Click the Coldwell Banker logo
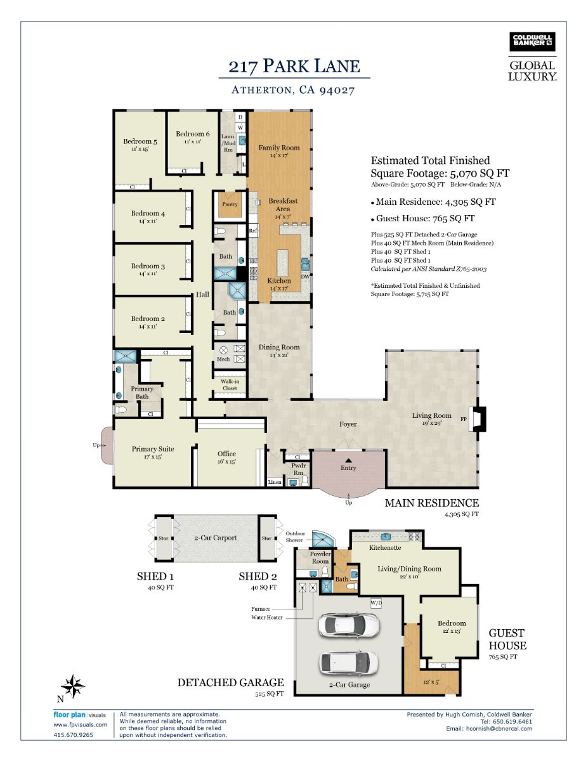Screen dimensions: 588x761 click(532, 42)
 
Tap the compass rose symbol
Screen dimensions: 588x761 click(72, 686)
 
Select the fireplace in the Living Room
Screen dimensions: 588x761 click(478, 419)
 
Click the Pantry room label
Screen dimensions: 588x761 click(230, 204)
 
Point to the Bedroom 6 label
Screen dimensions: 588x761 click(193, 134)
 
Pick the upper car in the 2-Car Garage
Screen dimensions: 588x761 click(348, 625)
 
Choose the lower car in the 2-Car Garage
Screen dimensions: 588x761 click(348, 663)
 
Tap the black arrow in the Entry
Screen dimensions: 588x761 click(348, 460)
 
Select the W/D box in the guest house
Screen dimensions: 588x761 click(376, 603)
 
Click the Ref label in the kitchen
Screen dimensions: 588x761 click(253, 231)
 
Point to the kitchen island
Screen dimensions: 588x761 click(283, 263)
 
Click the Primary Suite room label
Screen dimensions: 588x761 click(153, 449)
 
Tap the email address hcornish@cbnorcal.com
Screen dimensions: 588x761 click(499, 728)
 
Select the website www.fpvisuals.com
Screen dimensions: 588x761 click(80, 725)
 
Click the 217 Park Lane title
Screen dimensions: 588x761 click(294, 66)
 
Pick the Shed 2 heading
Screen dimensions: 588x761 click(258, 576)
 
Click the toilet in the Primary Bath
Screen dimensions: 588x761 click(121, 410)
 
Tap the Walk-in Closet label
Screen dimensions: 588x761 click(230, 384)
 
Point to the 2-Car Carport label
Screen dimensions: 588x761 click(216, 538)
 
